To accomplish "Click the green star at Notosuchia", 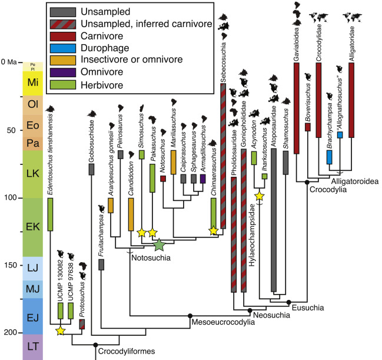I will point(158,244).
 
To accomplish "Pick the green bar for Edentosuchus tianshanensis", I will point(51,219).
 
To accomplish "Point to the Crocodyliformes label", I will point(129,352).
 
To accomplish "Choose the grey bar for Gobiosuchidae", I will point(92,169).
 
